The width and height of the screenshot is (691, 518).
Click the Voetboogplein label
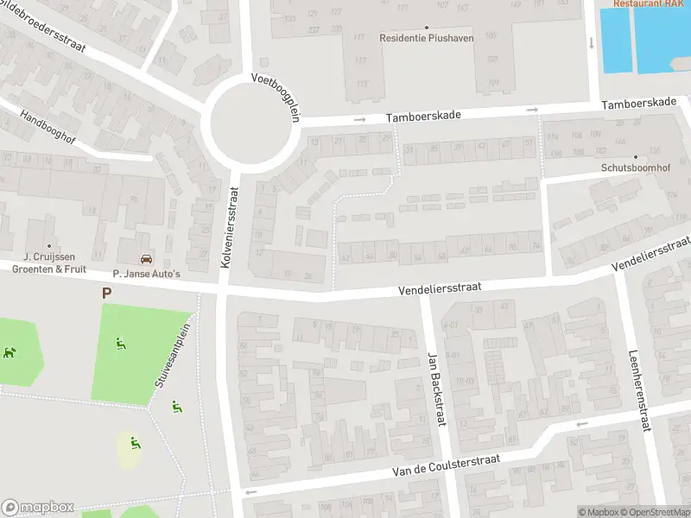(x=274, y=97)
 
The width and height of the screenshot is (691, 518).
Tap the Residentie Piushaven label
(x=427, y=38)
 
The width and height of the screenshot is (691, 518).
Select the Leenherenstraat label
(x=640, y=377)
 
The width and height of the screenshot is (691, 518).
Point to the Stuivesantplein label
(x=173, y=351)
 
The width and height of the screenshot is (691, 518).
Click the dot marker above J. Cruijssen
(x=49, y=245)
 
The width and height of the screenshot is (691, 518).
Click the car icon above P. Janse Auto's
(x=145, y=258)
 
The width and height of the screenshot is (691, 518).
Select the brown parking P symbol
(x=106, y=294)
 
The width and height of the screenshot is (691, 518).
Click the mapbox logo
(x=37, y=508)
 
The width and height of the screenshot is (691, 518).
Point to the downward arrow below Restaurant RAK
(x=591, y=42)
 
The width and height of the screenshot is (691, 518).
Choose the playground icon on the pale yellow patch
(x=134, y=444)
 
